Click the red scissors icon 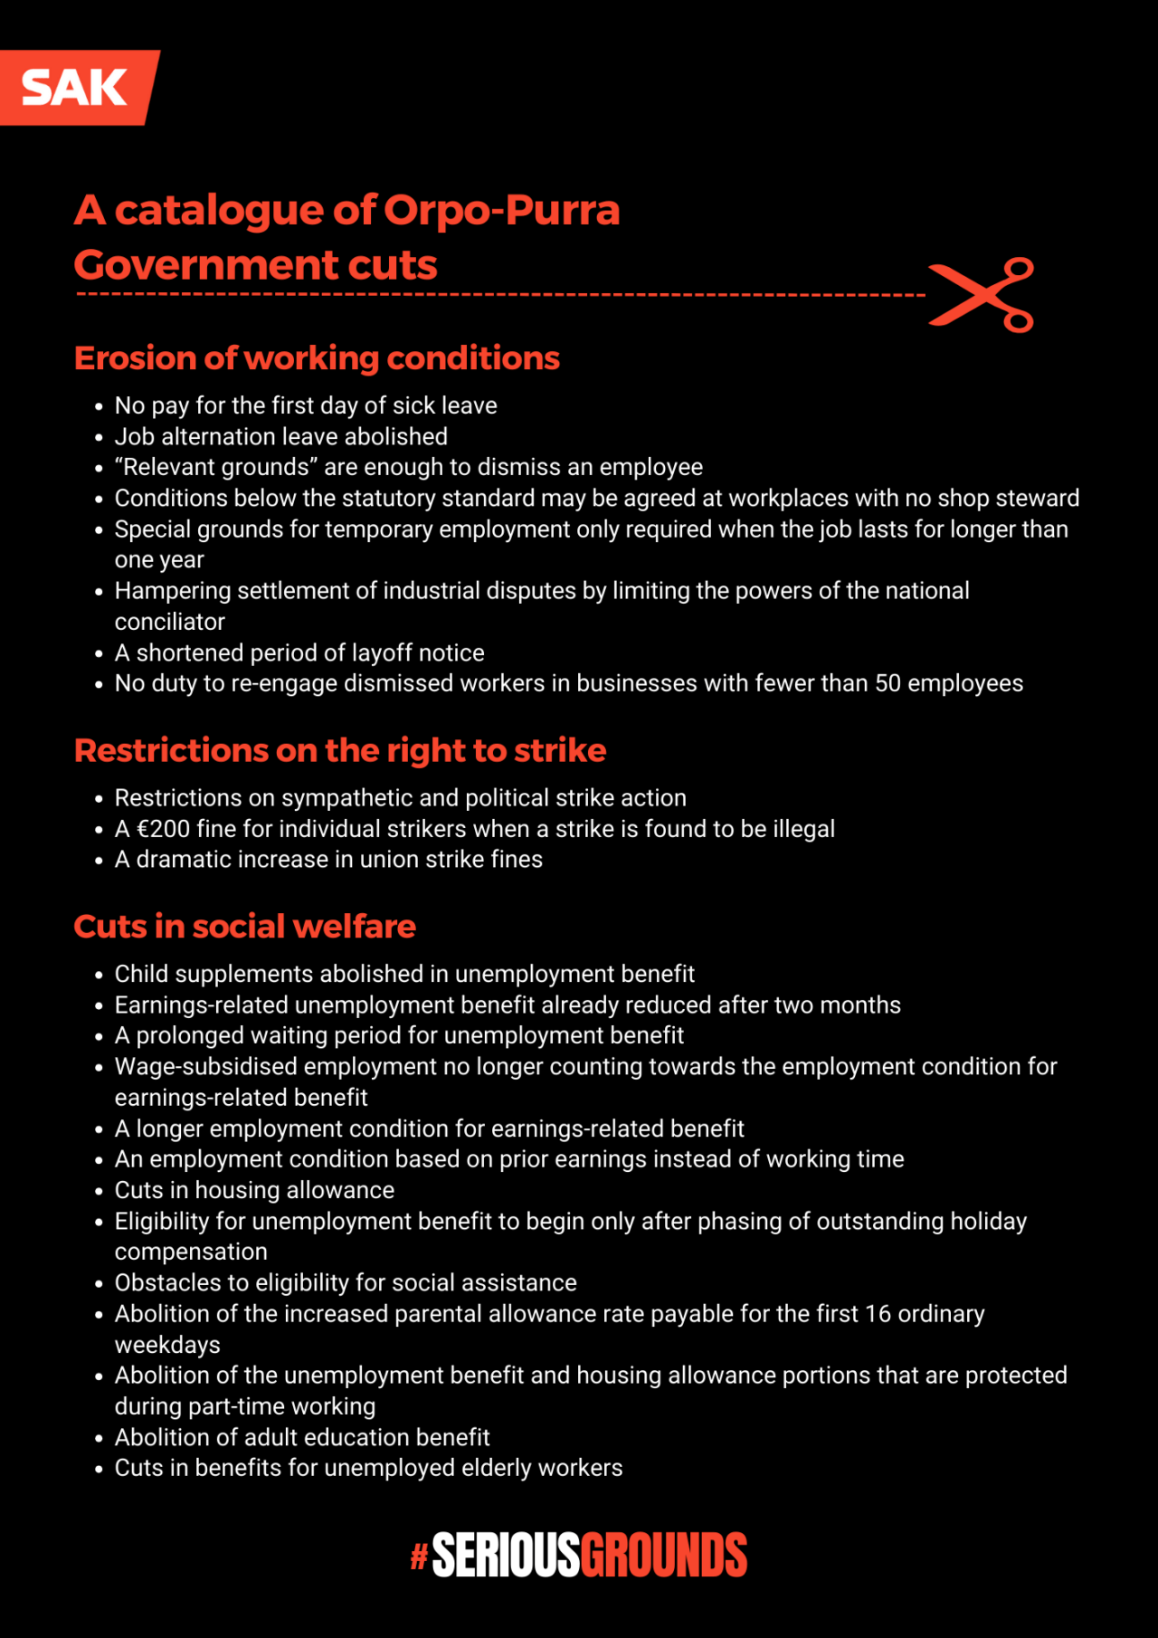tap(982, 295)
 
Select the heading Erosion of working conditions tap(317, 358)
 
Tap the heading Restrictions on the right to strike tap(340, 750)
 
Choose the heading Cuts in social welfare tap(244, 927)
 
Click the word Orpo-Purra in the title tap(502, 210)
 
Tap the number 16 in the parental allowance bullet tap(878, 1314)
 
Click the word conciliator tap(169, 622)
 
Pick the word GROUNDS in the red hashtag tap(664, 1556)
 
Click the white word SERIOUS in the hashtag tap(505, 1556)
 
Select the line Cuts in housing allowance tap(254, 1190)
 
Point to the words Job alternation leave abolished tap(280, 436)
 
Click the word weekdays tap(167, 1345)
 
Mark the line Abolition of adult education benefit tap(301, 1437)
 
